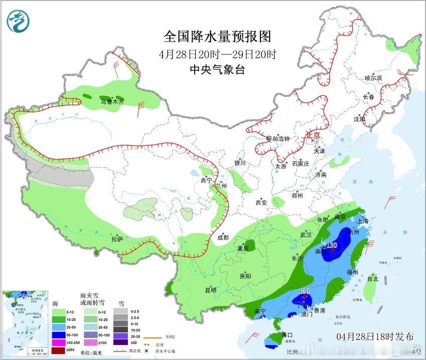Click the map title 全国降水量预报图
point(217,37)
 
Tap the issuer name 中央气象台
point(217,70)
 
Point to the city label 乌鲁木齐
point(111,102)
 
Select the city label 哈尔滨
point(373,78)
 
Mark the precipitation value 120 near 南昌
point(332,245)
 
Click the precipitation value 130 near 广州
point(304,291)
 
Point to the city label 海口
point(287,334)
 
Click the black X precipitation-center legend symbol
point(147,350)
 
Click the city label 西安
point(261,203)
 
